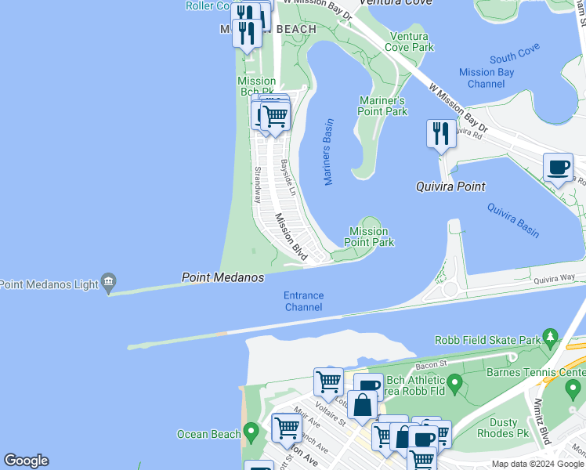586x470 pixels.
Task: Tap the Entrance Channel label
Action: pos(304,301)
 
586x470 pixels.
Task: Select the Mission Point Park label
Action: pos(368,237)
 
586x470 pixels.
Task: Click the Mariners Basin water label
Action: pos(328,152)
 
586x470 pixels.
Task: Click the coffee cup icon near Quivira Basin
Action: pos(558,167)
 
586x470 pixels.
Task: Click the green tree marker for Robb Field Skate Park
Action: pos(552,338)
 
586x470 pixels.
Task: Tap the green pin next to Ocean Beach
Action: pos(251,432)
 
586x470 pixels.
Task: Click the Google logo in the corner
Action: pos(26,461)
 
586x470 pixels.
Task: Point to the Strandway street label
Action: pos(256,185)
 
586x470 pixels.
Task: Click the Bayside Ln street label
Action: pos(287,178)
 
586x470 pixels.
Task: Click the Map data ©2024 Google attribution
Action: pos(537,464)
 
